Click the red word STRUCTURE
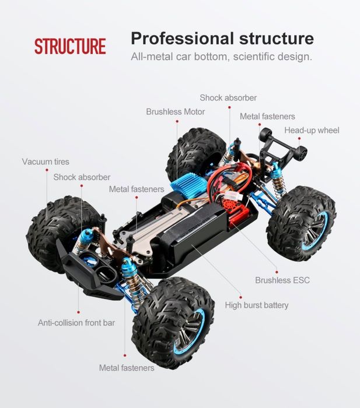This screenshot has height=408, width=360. [70, 46]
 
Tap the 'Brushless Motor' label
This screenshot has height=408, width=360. [175, 112]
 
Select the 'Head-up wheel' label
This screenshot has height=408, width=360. [312, 130]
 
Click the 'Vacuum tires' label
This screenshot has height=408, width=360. [46, 161]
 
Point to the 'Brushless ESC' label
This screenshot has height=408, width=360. [282, 280]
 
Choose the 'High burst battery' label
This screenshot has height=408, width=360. [257, 305]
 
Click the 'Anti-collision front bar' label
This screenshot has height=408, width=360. [76, 323]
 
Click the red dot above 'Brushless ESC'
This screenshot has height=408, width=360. [277, 272]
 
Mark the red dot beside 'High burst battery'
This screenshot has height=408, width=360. [240, 297]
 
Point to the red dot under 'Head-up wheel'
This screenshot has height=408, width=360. [299, 139]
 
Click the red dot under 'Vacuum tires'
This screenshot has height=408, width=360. [47, 170]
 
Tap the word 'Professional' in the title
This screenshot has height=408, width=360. [182, 38]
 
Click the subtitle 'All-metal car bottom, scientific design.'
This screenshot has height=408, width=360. [221, 56]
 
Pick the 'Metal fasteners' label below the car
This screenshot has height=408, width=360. [127, 368]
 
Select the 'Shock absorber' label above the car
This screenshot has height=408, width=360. [228, 98]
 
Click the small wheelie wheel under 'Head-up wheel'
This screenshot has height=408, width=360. [302, 153]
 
